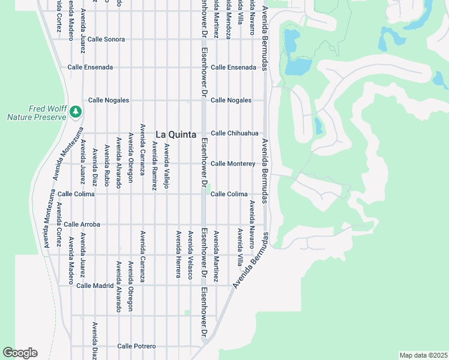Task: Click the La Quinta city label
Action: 176,134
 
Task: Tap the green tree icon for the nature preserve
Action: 76,111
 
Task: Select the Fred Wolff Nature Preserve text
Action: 35,113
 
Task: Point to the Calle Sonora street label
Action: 106,39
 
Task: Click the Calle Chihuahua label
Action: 234,133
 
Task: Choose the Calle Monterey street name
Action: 233,164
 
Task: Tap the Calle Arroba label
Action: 82,224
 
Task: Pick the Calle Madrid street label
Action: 95,286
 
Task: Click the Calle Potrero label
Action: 136,346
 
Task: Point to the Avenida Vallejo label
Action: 167,166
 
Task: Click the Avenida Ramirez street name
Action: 154,166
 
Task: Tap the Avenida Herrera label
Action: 178,254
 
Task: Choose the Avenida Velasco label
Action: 190,254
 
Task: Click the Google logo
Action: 20,353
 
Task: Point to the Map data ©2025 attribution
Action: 423,355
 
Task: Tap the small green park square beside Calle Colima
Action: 208,193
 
